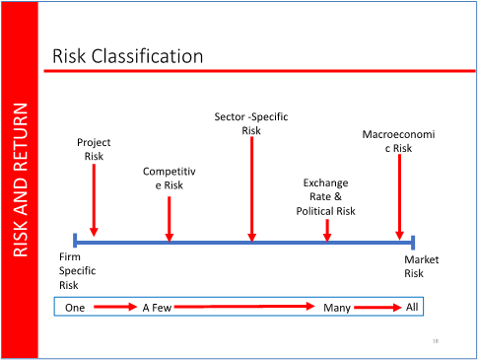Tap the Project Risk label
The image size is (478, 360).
click(94, 149)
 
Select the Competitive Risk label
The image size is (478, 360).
click(170, 179)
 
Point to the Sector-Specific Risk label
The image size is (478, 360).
click(251, 123)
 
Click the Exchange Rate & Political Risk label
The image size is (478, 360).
click(325, 197)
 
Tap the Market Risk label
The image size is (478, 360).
click(421, 266)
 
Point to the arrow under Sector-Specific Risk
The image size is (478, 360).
click(252, 187)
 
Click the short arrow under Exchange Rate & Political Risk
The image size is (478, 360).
click(327, 229)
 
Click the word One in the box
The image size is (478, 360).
click(75, 308)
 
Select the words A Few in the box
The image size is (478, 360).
click(157, 308)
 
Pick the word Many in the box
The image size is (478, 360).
click(338, 308)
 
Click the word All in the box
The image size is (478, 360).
click(413, 307)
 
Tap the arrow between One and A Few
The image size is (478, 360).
click(114, 308)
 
